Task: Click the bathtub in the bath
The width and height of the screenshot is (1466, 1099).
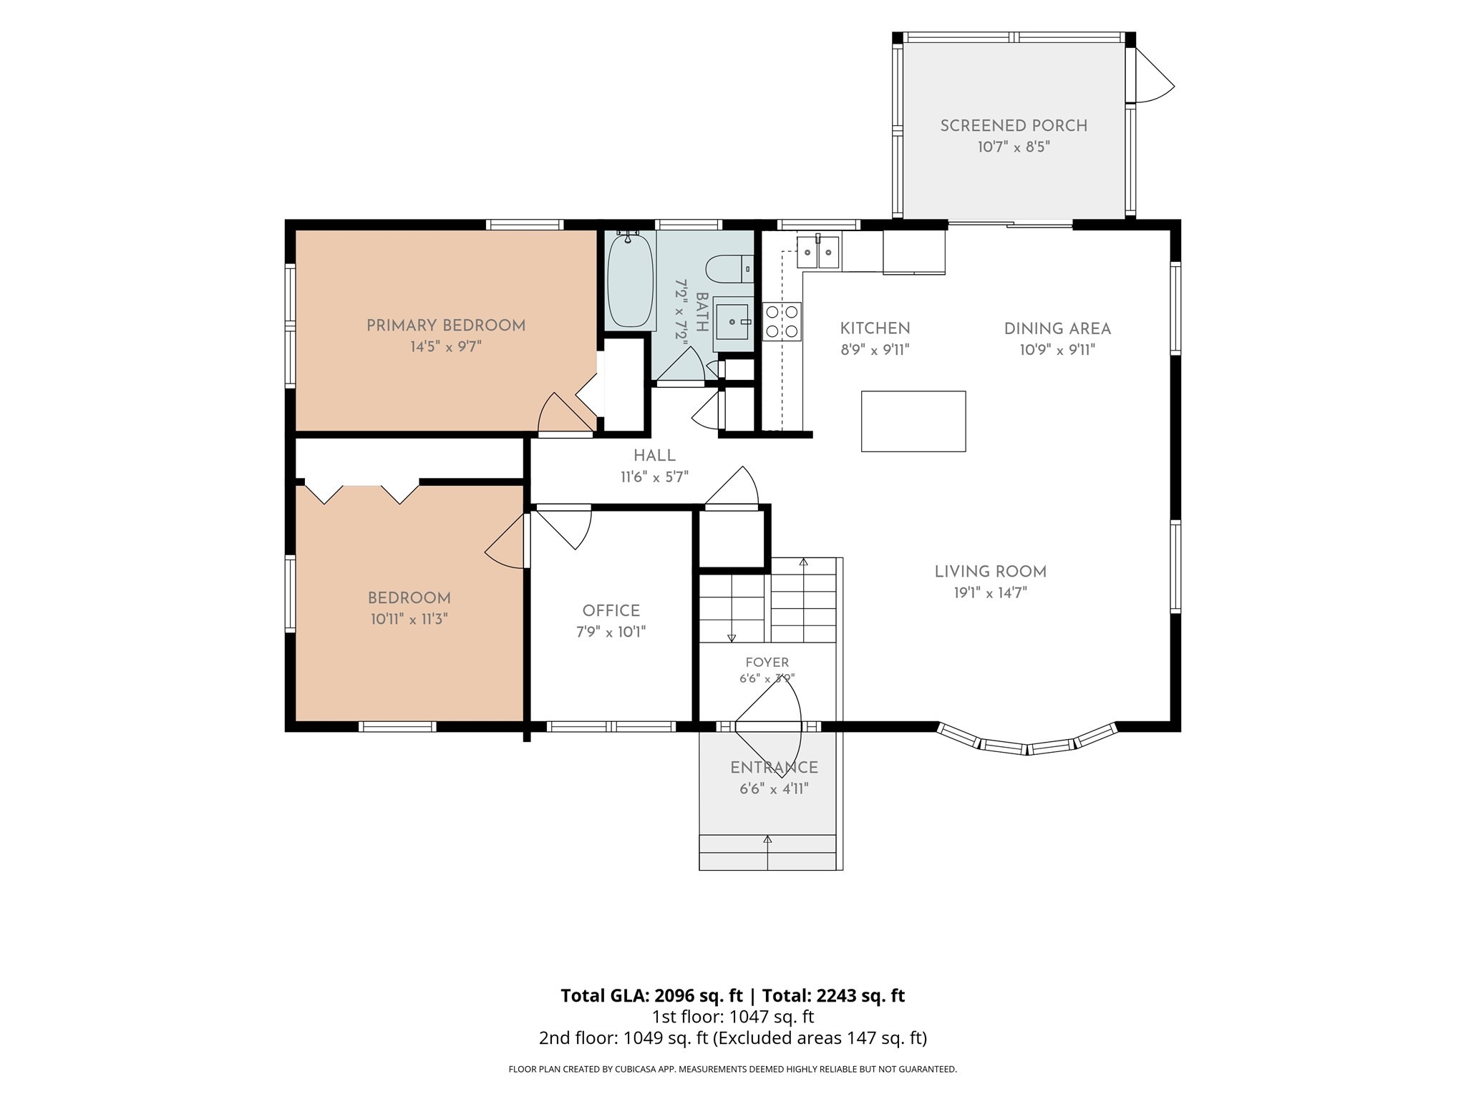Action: (x=631, y=280)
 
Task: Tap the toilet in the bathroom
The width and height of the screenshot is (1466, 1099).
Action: (x=729, y=270)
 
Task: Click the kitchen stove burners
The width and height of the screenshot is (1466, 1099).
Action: (x=782, y=321)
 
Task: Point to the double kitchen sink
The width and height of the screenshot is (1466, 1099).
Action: (x=818, y=251)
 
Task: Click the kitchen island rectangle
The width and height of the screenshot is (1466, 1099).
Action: (x=913, y=421)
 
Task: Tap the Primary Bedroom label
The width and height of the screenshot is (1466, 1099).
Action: (x=446, y=326)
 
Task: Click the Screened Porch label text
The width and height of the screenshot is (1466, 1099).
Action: (x=1014, y=126)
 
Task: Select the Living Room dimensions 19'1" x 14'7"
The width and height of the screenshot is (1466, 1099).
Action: (x=991, y=593)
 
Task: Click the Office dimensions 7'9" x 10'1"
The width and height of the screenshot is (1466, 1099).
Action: (x=611, y=632)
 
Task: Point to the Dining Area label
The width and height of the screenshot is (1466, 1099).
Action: (x=1057, y=329)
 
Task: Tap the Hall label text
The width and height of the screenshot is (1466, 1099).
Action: (x=654, y=456)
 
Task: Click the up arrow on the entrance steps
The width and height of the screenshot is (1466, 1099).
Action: (x=768, y=851)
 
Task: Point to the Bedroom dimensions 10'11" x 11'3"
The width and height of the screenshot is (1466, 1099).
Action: (x=409, y=620)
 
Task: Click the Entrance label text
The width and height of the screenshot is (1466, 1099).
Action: (x=774, y=768)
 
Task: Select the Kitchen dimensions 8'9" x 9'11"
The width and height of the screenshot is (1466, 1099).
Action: (x=875, y=350)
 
